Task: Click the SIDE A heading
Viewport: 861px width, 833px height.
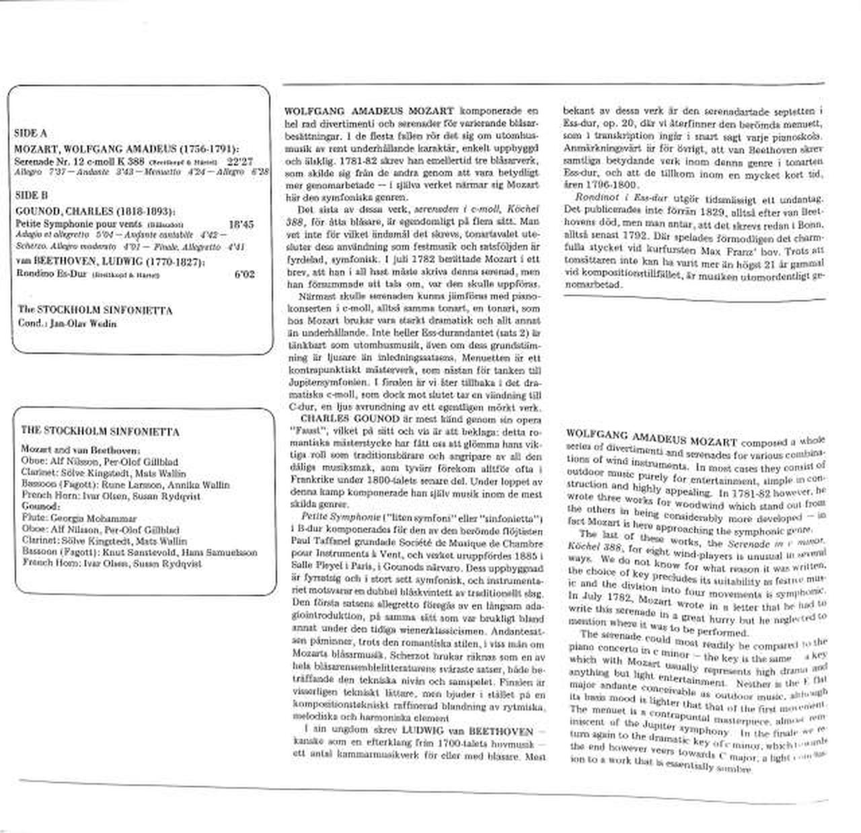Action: [30, 133]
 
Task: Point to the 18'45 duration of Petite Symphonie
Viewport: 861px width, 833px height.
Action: [241, 225]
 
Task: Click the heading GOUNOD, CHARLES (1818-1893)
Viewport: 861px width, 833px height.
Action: [94, 211]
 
